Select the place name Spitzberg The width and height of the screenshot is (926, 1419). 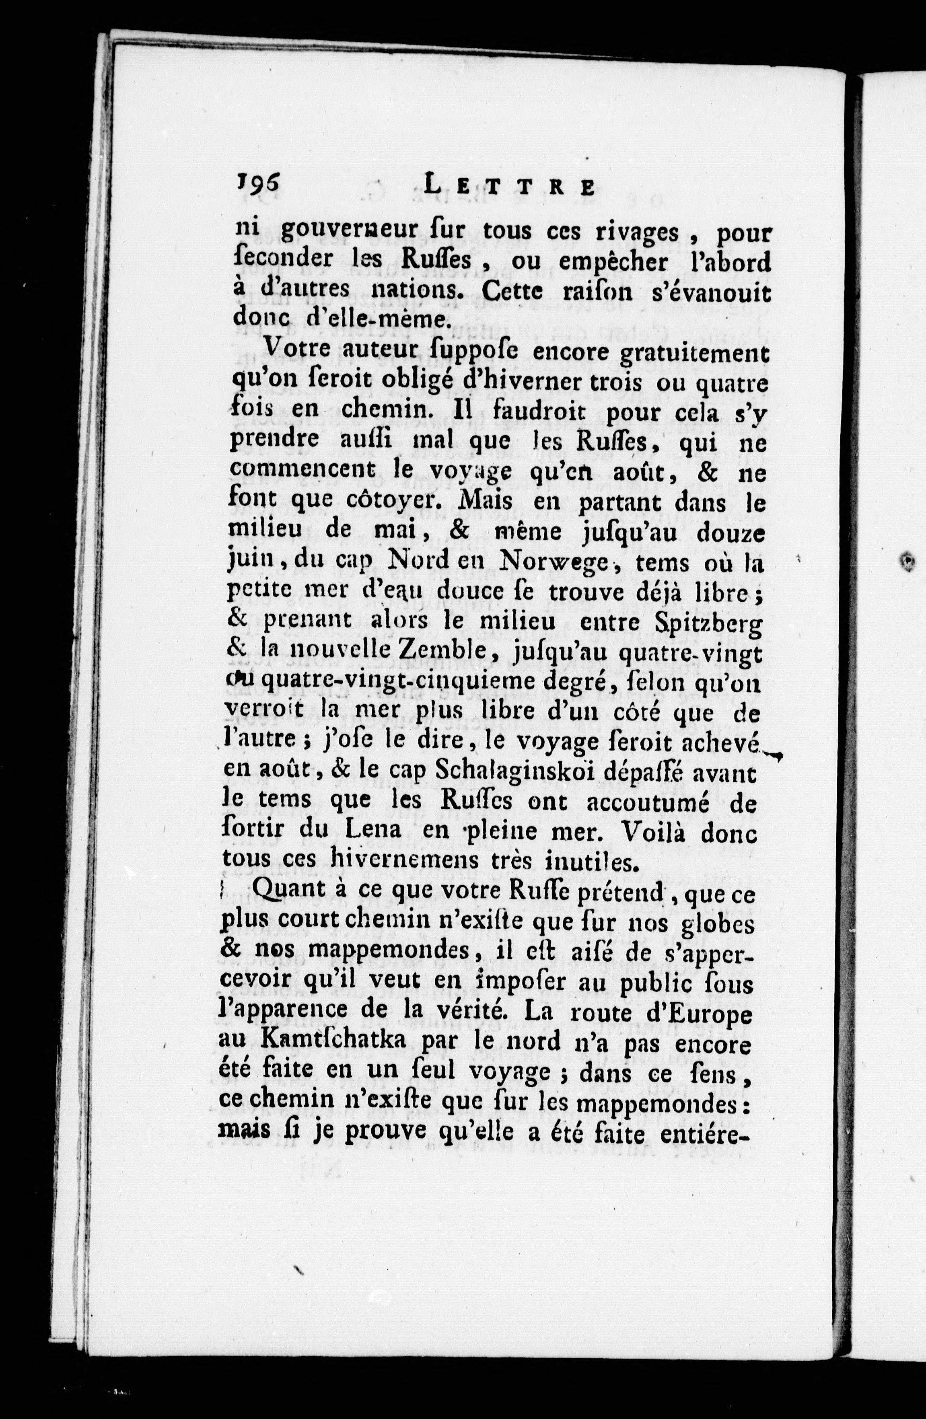pyautogui.click(x=711, y=623)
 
